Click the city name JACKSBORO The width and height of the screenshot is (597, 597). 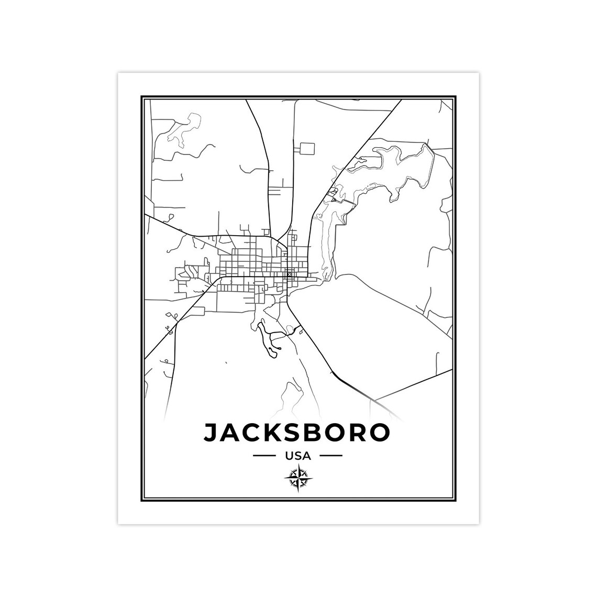297,433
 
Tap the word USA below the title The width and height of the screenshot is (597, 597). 298,456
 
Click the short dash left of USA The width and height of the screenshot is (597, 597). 264,456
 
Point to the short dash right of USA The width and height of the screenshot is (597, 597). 331,456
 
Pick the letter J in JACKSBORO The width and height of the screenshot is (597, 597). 211,433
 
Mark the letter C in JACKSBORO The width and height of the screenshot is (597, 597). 250,433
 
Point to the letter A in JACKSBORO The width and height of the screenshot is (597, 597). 230,433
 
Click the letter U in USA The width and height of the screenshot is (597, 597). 289,456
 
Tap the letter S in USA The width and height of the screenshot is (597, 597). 298,456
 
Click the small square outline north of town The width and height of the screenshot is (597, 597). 307,149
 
